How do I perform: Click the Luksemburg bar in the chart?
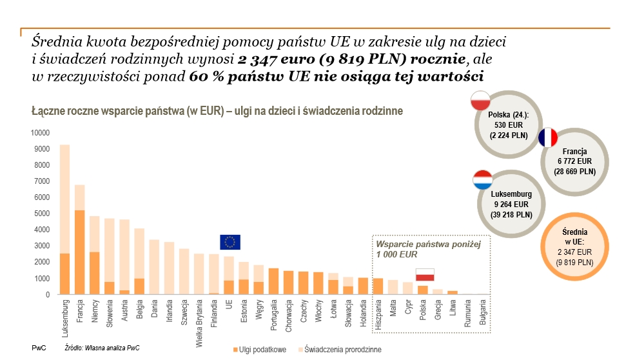point(65,219)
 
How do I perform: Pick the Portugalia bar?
point(273,281)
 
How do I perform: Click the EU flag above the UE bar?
point(230,242)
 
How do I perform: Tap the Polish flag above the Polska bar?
point(425,275)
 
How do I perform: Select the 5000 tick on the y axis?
point(41,214)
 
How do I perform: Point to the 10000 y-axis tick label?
point(39,133)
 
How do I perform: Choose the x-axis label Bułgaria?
point(484,312)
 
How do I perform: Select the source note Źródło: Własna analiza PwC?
point(102,348)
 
